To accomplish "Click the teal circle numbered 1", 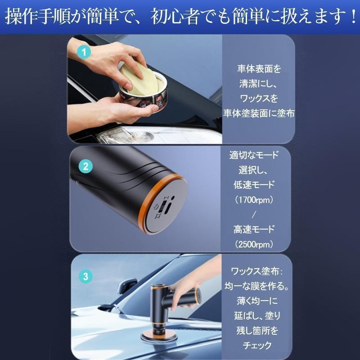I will pos(84,52).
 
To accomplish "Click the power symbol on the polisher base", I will pos(156,208).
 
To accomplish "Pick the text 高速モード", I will pos(254,229).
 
